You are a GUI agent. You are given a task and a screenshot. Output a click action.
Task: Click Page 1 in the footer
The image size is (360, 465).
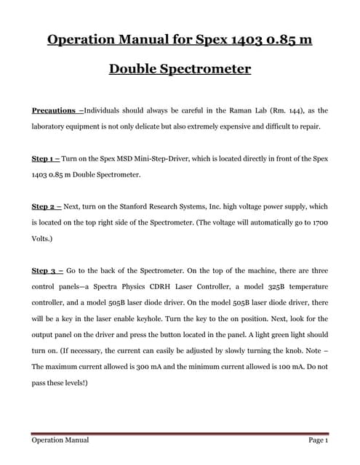click(318, 440)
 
